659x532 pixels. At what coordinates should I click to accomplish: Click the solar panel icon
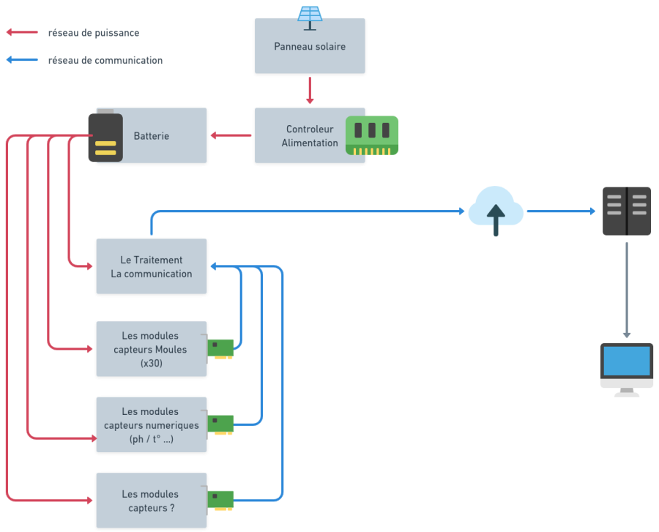[310, 18]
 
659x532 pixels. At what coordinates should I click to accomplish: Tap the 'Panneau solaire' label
[310, 46]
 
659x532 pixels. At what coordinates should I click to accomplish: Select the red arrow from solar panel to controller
[310, 90]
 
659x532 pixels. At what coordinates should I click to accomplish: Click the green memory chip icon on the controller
[371, 135]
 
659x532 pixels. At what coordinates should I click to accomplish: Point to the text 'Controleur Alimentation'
[310, 135]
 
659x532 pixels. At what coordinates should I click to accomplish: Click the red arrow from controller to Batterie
[231, 135]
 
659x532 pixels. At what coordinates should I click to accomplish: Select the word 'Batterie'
[152, 135]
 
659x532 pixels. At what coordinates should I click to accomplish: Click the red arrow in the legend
[22, 32]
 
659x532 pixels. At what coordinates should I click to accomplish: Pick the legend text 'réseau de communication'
[105, 61]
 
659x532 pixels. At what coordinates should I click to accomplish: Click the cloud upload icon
[496, 211]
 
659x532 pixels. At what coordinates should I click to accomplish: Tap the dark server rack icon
[627, 211]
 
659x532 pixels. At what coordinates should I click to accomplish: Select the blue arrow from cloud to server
[561, 211]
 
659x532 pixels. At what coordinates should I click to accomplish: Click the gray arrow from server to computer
[627, 290]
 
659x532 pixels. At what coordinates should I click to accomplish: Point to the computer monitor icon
[627, 370]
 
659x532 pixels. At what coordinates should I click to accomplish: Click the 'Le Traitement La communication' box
[152, 266]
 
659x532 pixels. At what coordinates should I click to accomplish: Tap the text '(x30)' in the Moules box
[152, 363]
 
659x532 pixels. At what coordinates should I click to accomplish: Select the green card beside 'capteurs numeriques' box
[220, 424]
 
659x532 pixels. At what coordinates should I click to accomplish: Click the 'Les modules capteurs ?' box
[152, 501]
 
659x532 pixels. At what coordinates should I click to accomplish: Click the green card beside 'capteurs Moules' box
[220, 348]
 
